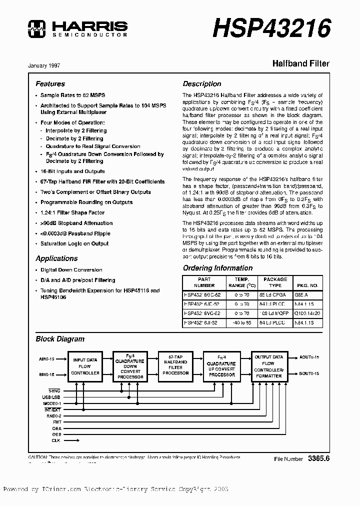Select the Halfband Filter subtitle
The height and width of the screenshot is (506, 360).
pos(300,64)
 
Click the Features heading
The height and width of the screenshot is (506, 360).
pos(50,84)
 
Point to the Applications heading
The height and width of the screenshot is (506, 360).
pos(56,258)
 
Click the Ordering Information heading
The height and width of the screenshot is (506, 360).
pos(217,268)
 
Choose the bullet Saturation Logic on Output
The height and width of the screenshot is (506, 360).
pos(74,243)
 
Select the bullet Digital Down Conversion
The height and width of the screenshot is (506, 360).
pos(71,269)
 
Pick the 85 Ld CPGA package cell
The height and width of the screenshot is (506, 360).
pos(275,295)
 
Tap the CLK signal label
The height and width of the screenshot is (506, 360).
pos(55,440)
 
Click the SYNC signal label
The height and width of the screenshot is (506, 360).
pos(54,390)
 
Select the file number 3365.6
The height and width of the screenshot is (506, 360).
pos(319,458)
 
